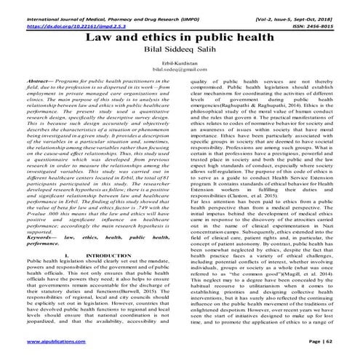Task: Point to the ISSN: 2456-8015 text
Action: click(320, 15)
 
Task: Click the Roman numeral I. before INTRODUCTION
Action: click(65, 256)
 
